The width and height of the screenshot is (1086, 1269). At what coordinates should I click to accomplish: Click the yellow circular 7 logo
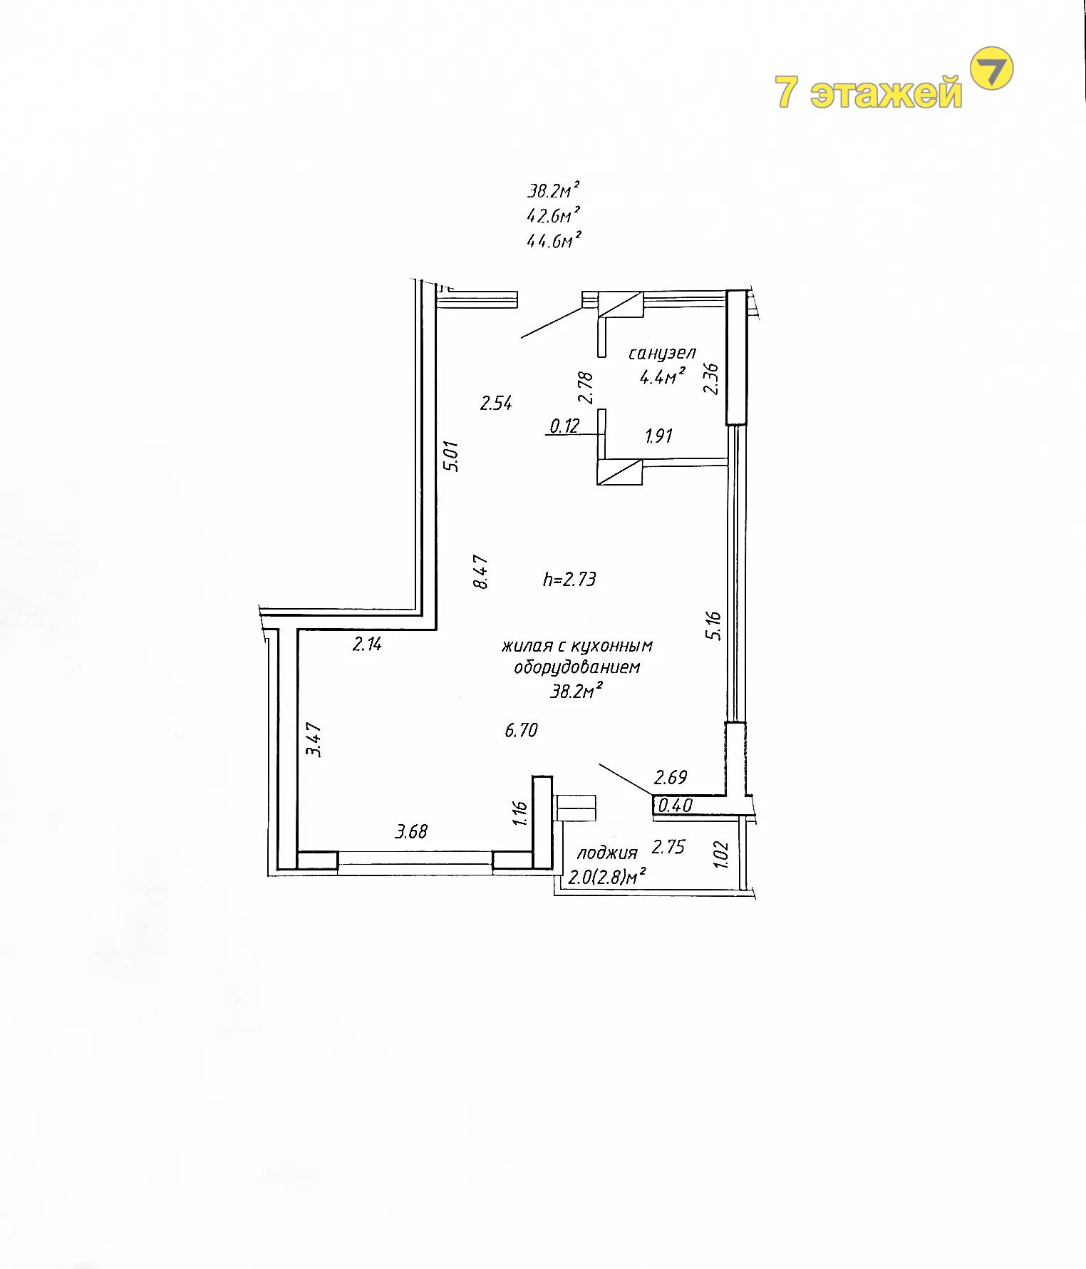[x=993, y=68]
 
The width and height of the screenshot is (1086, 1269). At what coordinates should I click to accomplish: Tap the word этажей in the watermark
[x=886, y=93]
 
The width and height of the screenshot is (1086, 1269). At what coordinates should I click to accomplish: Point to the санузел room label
[x=662, y=354]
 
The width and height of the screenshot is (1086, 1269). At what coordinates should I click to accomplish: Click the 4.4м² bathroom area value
[x=663, y=376]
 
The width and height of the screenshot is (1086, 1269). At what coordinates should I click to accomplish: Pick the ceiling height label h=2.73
[x=569, y=580]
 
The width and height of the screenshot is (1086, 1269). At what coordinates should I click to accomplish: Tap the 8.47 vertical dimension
[x=481, y=572]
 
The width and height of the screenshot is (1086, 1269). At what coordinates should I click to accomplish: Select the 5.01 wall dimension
[x=452, y=456]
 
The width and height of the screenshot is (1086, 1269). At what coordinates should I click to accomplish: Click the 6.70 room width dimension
[x=521, y=731]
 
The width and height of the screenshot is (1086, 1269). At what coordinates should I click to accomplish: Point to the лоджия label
[x=606, y=853]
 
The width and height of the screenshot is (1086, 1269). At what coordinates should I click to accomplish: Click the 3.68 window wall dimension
[x=412, y=831]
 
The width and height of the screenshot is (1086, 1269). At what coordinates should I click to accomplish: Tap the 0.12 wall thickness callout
[x=564, y=426]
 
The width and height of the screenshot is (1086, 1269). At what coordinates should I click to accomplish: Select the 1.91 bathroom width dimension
[x=658, y=436]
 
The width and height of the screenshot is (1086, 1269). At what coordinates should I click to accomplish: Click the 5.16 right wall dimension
[x=715, y=625]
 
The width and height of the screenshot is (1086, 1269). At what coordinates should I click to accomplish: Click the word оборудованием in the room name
[x=577, y=668]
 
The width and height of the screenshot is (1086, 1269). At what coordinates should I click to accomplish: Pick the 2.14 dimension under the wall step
[x=368, y=644]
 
